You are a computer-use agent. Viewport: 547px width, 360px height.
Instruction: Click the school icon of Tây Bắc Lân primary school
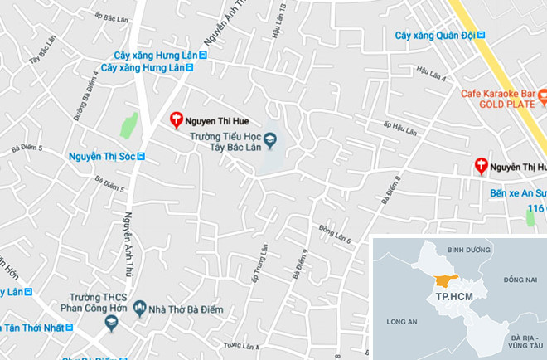click(x=270, y=139)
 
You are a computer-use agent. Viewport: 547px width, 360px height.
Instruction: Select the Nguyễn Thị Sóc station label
click(x=101, y=156)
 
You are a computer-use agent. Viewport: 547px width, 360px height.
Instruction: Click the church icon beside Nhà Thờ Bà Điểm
click(x=139, y=309)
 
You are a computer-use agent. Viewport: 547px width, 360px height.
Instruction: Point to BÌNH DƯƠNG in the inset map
click(x=469, y=249)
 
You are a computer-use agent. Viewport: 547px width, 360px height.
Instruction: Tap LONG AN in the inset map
click(x=401, y=319)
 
